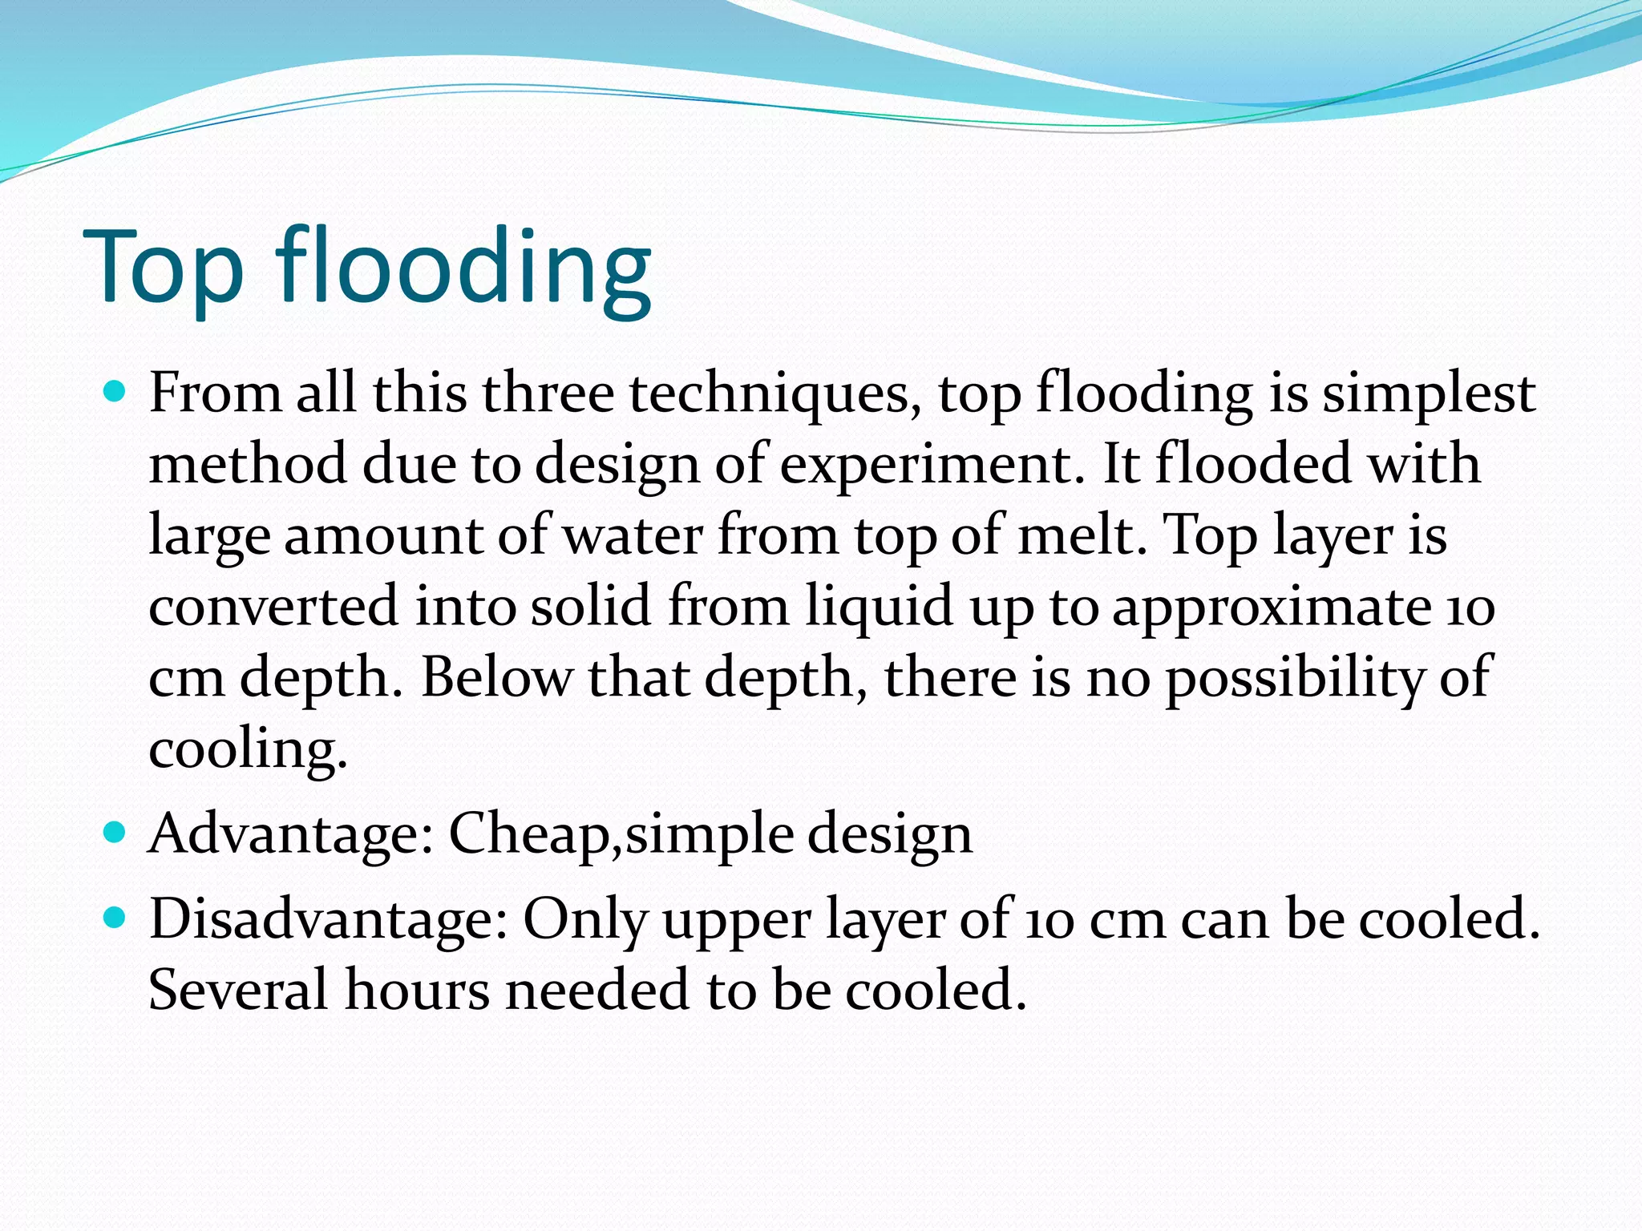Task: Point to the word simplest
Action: coord(1429,394)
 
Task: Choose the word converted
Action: coord(273,606)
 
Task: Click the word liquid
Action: coord(880,606)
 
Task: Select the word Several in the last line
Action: coord(238,991)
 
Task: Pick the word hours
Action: coord(417,991)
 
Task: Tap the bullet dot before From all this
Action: coord(115,393)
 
